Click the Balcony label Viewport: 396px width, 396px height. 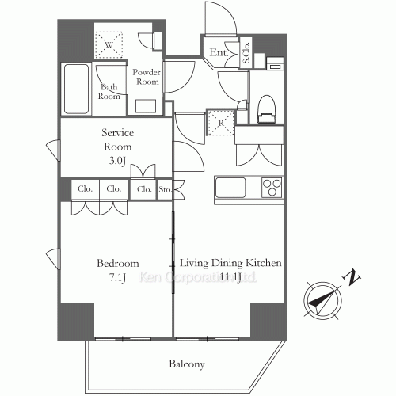click(186, 364)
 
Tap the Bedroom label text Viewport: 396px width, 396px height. click(118, 263)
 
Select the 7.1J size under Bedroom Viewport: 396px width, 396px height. click(119, 276)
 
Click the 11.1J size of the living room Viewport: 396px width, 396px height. click(230, 276)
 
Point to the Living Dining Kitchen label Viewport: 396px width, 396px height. click(231, 263)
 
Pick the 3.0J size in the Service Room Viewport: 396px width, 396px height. click(116, 161)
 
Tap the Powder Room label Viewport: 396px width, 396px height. click(147, 77)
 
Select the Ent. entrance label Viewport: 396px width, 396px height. click(218, 54)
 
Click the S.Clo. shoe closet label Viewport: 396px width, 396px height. click(246, 55)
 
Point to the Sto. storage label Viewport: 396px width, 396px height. click(166, 189)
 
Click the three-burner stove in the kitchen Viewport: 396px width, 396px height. click(272, 189)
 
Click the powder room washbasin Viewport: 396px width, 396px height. click(147, 105)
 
